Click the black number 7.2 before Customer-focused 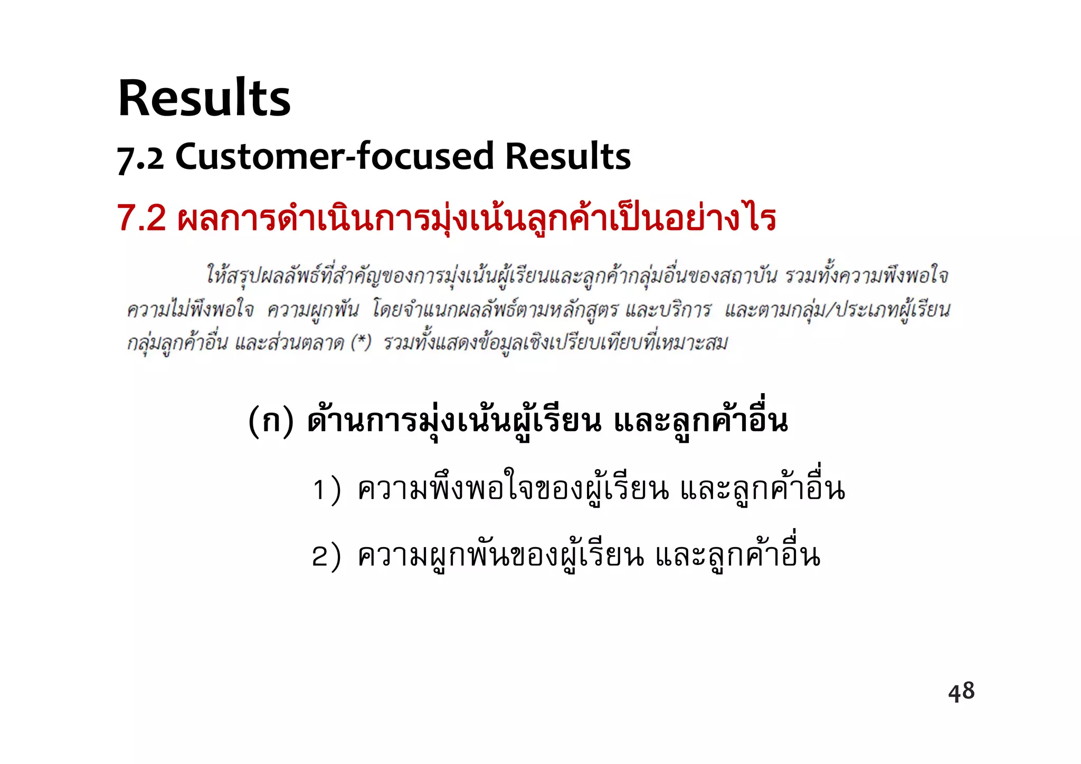click(x=140, y=157)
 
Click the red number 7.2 click(x=141, y=218)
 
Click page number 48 click(x=961, y=691)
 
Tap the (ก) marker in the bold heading click(x=271, y=421)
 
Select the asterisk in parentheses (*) click(x=362, y=342)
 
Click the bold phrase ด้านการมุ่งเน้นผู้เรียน click(x=454, y=421)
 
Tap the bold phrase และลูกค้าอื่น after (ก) click(x=701, y=421)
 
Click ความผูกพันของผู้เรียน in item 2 click(x=500, y=556)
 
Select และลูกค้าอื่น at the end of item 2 click(x=738, y=556)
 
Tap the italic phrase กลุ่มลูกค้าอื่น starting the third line click(x=177, y=343)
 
